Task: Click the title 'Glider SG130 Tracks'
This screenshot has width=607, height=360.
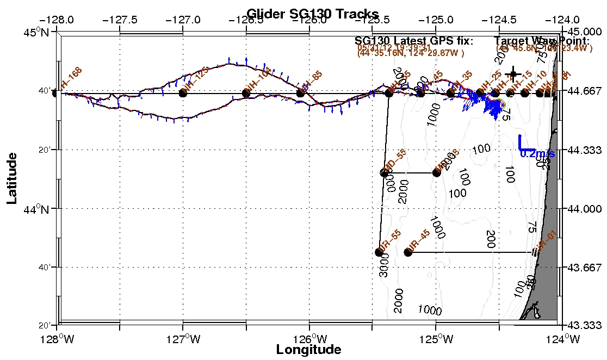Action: click(x=312, y=14)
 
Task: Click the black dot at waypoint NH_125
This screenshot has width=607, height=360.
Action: click(x=183, y=93)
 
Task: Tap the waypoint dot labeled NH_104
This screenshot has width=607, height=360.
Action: click(x=246, y=93)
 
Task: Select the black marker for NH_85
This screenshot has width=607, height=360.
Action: click(x=300, y=93)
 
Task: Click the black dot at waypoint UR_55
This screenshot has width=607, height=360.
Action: click(x=379, y=252)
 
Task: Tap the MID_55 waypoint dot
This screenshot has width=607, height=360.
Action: click(x=384, y=173)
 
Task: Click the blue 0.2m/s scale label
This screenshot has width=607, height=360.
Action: click(x=537, y=154)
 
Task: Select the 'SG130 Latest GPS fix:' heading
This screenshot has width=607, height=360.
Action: click(x=414, y=41)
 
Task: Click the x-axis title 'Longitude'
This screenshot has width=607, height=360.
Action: click(x=308, y=350)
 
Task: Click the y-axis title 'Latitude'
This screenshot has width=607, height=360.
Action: click(x=13, y=178)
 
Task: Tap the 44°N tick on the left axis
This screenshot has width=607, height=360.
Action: click(x=46, y=209)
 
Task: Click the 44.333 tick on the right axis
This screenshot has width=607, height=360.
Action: click(x=585, y=150)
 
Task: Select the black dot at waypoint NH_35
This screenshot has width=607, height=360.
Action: click(x=451, y=93)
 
